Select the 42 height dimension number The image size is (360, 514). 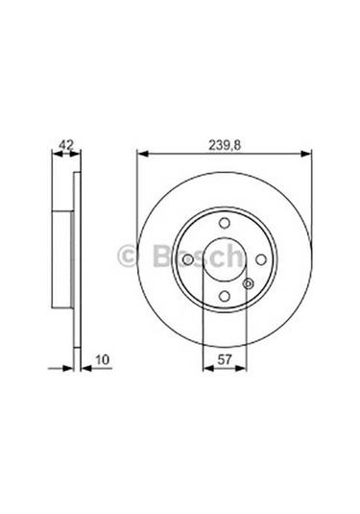65,145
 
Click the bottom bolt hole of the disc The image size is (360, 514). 223,296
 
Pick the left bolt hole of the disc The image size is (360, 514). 186,259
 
